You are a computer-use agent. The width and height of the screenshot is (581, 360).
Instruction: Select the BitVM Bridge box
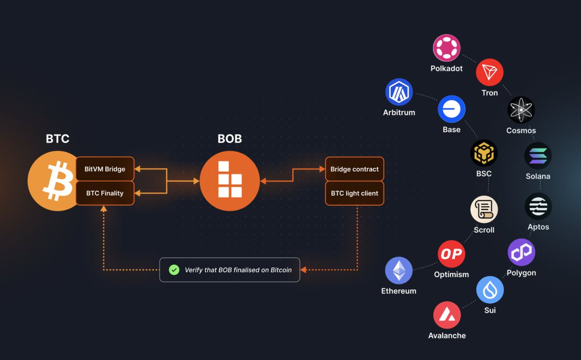click(x=105, y=169)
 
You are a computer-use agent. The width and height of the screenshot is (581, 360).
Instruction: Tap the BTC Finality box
click(x=105, y=193)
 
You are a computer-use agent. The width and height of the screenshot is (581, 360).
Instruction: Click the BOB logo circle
click(x=229, y=181)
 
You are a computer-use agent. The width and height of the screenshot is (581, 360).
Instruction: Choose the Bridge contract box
click(x=354, y=169)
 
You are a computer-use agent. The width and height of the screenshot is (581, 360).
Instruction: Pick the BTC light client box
click(x=354, y=193)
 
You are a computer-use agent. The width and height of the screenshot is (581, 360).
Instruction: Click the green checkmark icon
click(x=174, y=270)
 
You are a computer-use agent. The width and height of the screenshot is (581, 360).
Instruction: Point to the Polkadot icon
click(x=446, y=48)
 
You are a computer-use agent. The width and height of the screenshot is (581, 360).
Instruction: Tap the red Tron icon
click(x=489, y=72)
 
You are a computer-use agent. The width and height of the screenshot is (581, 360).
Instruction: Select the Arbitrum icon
click(x=399, y=92)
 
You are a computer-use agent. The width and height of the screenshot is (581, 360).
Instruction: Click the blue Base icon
click(x=452, y=109)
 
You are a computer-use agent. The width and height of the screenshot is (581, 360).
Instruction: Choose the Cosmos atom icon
click(x=521, y=110)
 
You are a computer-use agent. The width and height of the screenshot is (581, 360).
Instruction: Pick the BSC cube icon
click(x=484, y=153)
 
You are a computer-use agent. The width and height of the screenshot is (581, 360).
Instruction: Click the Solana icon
click(x=538, y=156)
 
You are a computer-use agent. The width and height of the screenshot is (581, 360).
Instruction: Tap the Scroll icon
click(x=484, y=210)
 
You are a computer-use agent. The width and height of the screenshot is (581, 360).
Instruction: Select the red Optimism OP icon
click(x=451, y=254)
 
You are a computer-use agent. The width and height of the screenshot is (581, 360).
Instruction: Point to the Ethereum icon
click(x=398, y=270)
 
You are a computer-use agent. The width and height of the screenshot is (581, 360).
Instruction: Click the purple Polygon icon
click(x=521, y=252)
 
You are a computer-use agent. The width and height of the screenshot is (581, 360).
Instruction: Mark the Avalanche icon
click(x=447, y=315)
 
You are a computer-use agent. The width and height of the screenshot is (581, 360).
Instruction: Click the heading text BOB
click(x=229, y=139)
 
